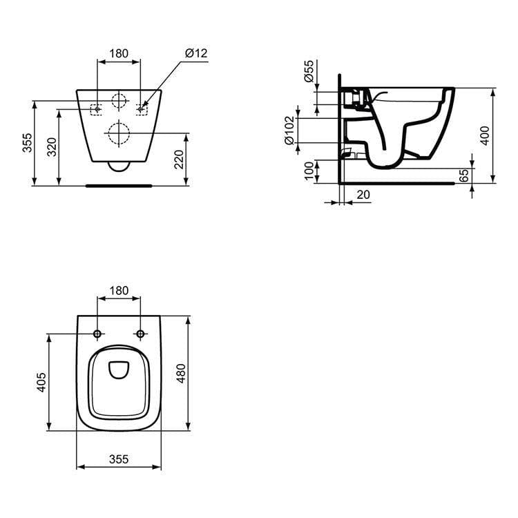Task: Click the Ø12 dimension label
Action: pos(196,54)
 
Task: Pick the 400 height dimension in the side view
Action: pos(485,136)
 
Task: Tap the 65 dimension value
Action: pos(464,176)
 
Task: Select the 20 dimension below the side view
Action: pos(363,195)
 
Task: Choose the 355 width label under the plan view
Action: pos(118,459)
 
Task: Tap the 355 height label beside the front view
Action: pos(27,143)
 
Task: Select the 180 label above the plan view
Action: pos(119,291)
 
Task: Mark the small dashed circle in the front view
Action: pos(119,102)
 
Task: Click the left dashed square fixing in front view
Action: pos(97,109)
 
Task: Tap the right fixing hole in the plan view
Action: pos(141,334)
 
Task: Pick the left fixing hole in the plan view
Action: pos(97,334)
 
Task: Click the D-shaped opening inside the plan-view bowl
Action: pos(119,370)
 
